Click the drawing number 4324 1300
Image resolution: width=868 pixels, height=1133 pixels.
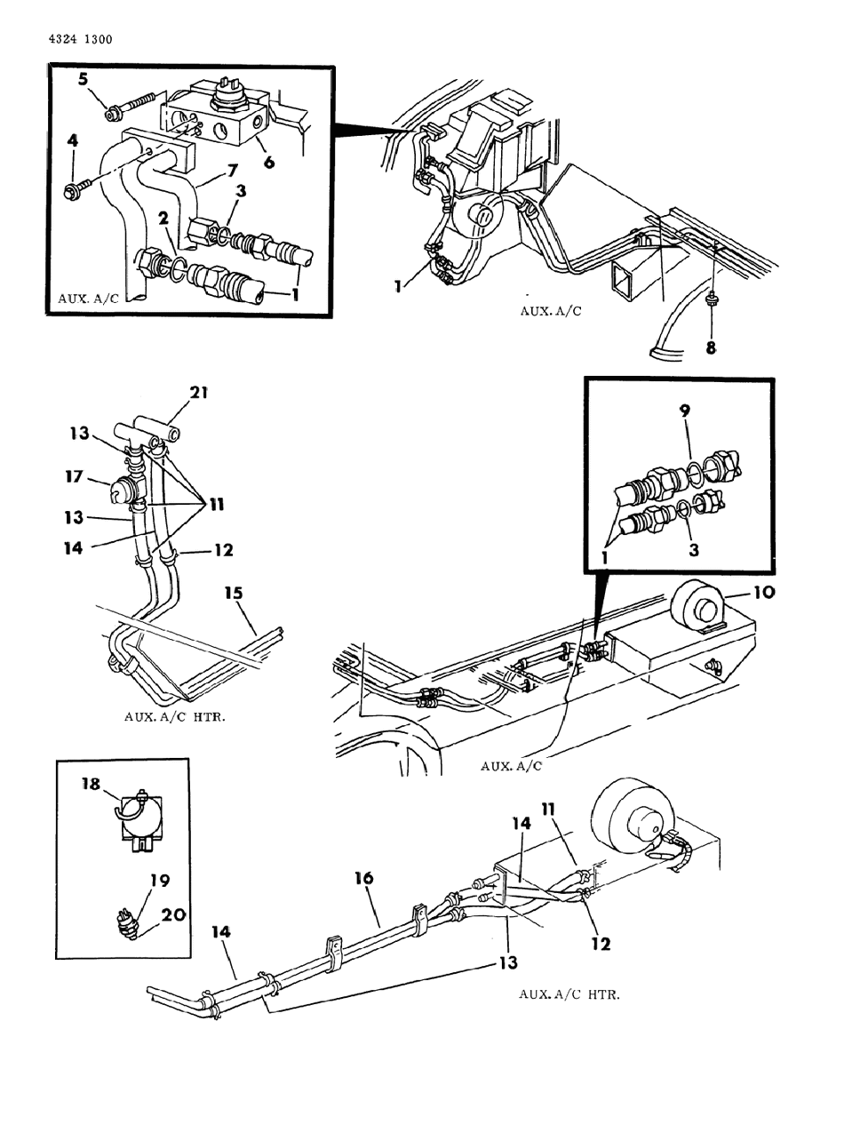pos(81,40)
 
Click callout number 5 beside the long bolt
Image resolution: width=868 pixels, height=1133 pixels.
pos(84,79)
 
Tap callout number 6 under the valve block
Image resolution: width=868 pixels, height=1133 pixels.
pos(268,162)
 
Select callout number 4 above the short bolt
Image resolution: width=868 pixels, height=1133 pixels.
pos(73,140)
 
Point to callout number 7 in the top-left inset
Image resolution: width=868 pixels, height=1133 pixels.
pos(232,170)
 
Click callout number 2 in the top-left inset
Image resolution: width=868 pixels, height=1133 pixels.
pos(163,219)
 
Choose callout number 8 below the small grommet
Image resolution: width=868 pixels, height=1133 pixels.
pos(711,347)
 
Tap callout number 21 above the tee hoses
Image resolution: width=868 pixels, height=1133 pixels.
pos(199,392)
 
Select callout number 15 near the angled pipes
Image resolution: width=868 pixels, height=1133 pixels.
pos(234,593)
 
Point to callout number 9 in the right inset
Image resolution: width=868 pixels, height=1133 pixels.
pos(684,411)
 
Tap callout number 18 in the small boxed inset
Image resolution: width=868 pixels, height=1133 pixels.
pos(91,798)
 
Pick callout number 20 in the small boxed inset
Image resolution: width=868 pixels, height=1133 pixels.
pos(173,914)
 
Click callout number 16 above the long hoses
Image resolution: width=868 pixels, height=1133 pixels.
pos(364,878)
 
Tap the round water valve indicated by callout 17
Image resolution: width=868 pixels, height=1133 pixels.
pos(123,490)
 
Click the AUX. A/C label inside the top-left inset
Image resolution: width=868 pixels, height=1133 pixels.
pos(88,299)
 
